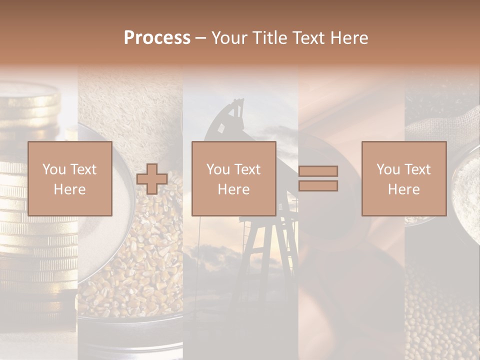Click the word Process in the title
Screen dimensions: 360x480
pos(157,38)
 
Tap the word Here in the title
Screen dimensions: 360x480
pos(347,38)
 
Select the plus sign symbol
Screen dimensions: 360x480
pos(152,179)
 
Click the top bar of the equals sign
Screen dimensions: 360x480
pos(318,171)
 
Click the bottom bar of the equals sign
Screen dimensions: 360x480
pos(318,186)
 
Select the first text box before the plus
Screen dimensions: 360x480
pos(69,178)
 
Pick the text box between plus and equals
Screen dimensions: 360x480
pos(233,178)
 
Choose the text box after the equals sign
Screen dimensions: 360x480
pos(403,178)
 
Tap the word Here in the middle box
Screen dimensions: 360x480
pos(233,189)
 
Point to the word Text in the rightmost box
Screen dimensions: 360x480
pos(417,169)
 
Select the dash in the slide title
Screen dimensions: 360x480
pos(200,38)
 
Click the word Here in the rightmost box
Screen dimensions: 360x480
pos(403,189)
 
